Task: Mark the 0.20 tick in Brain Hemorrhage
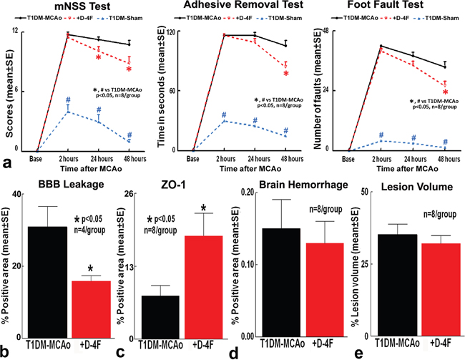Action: pos(248,192)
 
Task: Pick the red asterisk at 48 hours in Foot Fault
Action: pos(445,92)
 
